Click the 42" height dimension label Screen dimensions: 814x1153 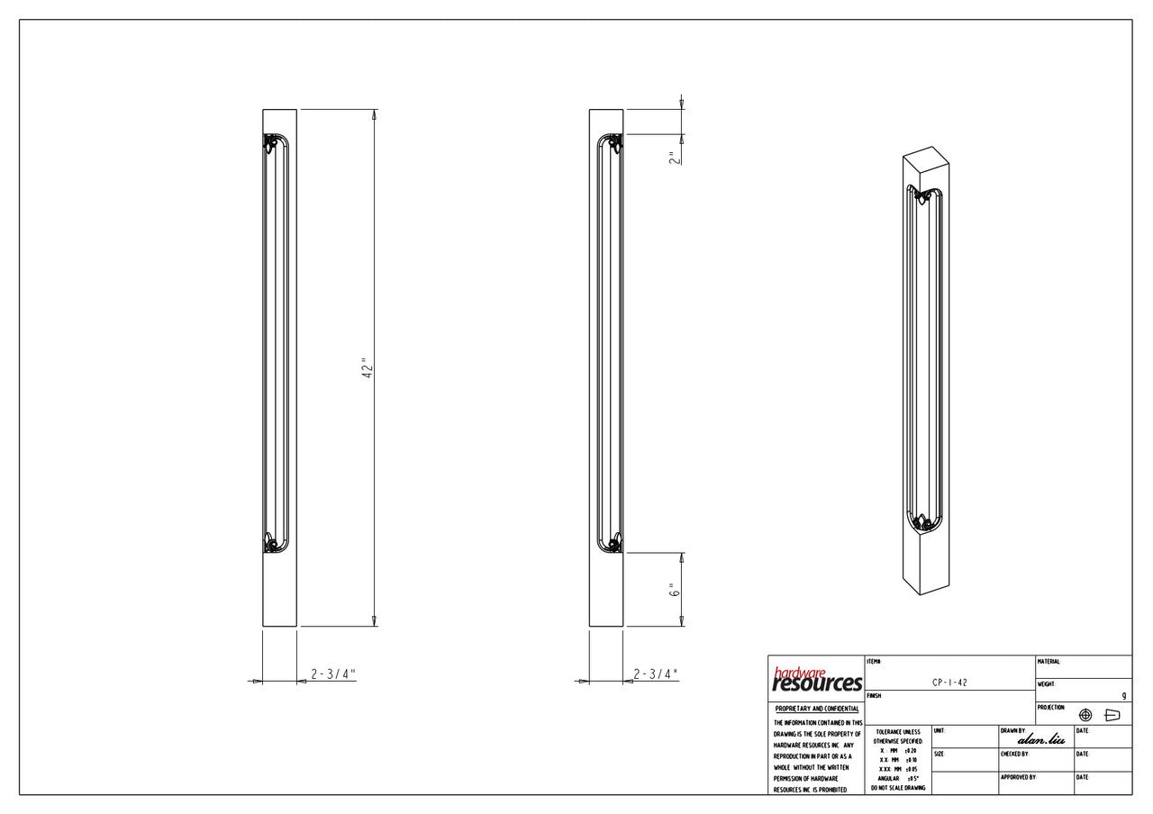coord(366,369)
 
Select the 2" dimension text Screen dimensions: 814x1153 coord(672,158)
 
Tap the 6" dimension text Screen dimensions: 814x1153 coord(672,591)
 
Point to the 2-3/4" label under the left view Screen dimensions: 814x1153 coord(333,674)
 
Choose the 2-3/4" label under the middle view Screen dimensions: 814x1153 coord(656,674)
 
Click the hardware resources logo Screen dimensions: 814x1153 coord(817,680)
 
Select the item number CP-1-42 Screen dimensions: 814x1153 coord(950,683)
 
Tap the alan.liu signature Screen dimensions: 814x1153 coord(1041,739)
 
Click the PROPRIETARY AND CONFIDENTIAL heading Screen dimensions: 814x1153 coord(816,710)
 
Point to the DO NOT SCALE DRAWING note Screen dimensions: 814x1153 coord(896,788)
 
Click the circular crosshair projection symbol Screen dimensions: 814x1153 coord(1085,715)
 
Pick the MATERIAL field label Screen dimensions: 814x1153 coord(1049,662)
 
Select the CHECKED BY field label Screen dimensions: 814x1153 coord(1014,754)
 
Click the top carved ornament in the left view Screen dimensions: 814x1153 coord(269,143)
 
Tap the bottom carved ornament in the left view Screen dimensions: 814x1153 coord(269,543)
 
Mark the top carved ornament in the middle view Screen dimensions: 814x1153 coord(614,143)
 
